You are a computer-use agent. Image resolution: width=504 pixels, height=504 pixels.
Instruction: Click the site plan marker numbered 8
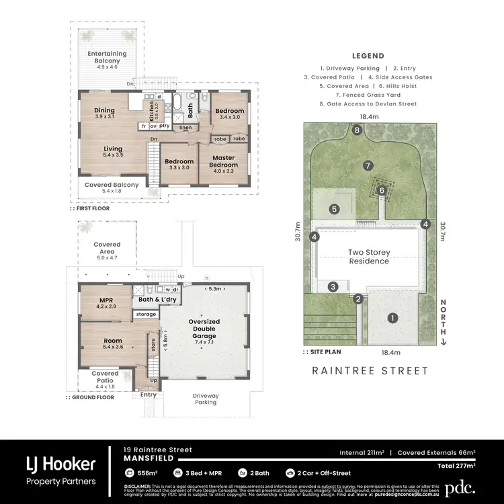pos(358,130)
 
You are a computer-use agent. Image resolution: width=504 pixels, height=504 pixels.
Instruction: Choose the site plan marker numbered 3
pos(333,287)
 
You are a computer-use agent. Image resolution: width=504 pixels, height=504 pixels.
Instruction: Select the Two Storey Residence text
pos(368,257)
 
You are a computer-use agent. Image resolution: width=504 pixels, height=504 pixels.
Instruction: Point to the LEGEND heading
pos(368,56)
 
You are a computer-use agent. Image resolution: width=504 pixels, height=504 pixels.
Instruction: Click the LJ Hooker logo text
pos(60,464)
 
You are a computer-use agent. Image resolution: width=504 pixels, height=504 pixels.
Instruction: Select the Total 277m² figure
pos(455,465)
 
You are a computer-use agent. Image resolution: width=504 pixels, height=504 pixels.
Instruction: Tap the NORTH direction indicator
pos(444,321)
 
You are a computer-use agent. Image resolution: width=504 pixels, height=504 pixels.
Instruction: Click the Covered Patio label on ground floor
pos(105,377)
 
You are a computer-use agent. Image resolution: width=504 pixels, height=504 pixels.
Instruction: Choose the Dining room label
pos(104,114)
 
